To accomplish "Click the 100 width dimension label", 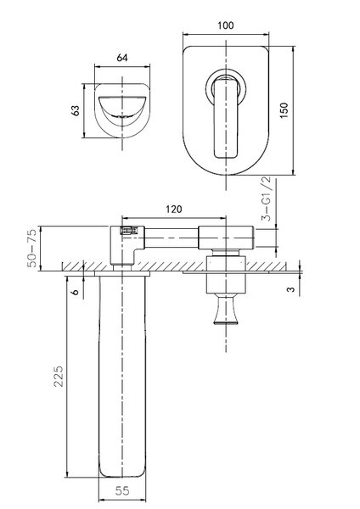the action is point(226,25).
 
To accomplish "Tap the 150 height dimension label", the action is point(284,110).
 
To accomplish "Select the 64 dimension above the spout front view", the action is point(122,58).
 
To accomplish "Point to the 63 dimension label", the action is point(76,110).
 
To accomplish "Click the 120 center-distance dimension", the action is point(174,210).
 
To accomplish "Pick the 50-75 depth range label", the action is point(32,248).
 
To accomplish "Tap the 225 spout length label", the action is point(59,376).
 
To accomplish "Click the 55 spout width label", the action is point(122,491).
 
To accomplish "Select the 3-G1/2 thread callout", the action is point(267,199).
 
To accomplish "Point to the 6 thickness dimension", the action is point(75,292).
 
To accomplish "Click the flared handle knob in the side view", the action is point(226,309).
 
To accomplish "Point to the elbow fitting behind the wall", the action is point(125,245).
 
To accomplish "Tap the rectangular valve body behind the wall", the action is point(226,238).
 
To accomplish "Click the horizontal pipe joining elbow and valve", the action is point(172,238).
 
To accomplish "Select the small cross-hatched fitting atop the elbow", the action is point(129,230).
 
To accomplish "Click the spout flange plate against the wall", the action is point(122,274).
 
